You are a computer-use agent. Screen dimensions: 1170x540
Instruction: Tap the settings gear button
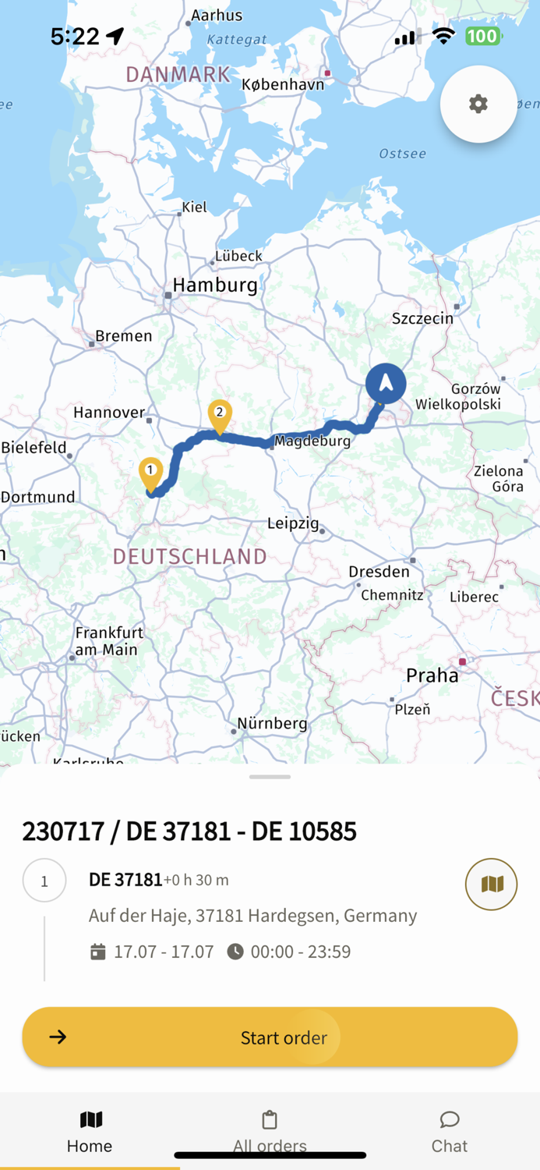tap(478, 104)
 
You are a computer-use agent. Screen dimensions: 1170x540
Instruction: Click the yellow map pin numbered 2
tap(220, 414)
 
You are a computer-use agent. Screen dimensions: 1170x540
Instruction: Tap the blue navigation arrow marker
tap(386, 384)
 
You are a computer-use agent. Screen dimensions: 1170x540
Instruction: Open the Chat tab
tap(450, 1132)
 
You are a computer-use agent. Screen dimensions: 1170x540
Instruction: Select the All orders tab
tap(270, 1132)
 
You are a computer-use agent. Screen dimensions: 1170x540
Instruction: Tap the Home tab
tap(90, 1132)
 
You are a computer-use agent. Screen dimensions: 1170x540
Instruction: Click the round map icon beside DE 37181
tap(491, 884)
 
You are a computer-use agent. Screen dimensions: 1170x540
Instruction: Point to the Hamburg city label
tap(215, 285)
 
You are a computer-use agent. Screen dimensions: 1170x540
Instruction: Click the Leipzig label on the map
tap(293, 523)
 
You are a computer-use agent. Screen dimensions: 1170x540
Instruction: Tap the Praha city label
tap(432, 675)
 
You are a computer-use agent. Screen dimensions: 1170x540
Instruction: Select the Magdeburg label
tap(312, 441)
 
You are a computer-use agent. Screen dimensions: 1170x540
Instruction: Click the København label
tap(283, 84)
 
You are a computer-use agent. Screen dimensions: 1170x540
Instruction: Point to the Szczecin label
tap(422, 318)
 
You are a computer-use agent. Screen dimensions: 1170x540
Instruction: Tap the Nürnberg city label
tap(272, 724)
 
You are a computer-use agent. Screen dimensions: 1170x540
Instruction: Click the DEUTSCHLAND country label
tap(190, 556)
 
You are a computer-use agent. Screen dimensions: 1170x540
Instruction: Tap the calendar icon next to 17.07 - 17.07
tap(98, 952)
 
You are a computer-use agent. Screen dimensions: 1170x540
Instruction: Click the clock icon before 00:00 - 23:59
tap(235, 952)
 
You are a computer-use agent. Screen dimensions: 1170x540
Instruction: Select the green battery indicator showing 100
tap(483, 36)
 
